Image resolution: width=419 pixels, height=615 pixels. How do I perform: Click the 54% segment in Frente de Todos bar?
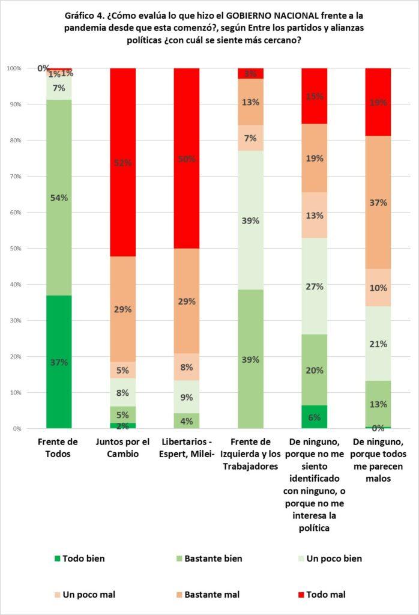tap(59, 198)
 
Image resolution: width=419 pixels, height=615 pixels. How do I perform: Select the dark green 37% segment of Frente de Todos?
tap(59, 362)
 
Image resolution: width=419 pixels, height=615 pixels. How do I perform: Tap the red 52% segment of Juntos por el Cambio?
tap(122, 162)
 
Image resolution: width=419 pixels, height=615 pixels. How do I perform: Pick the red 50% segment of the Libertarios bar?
tap(186, 159)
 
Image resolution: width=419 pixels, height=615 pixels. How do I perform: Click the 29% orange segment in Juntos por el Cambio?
tap(122, 309)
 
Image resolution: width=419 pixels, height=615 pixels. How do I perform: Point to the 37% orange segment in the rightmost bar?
tap(378, 202)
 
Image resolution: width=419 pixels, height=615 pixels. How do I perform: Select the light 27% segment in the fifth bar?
tap(314, 286)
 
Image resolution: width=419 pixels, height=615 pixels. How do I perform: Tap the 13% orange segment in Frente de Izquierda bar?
tap(250, 101)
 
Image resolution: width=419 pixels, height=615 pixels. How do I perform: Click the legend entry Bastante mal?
tap(211, 595)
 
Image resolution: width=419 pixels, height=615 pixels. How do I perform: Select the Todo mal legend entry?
tap(325, 595)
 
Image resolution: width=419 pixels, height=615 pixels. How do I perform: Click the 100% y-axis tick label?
tap(14, 68)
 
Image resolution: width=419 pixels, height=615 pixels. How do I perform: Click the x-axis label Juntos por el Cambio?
tap(122, 449)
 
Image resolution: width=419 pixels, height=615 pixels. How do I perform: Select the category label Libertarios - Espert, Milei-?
tap(186, 449)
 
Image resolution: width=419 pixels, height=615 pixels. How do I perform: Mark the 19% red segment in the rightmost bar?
tap(378, 102)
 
